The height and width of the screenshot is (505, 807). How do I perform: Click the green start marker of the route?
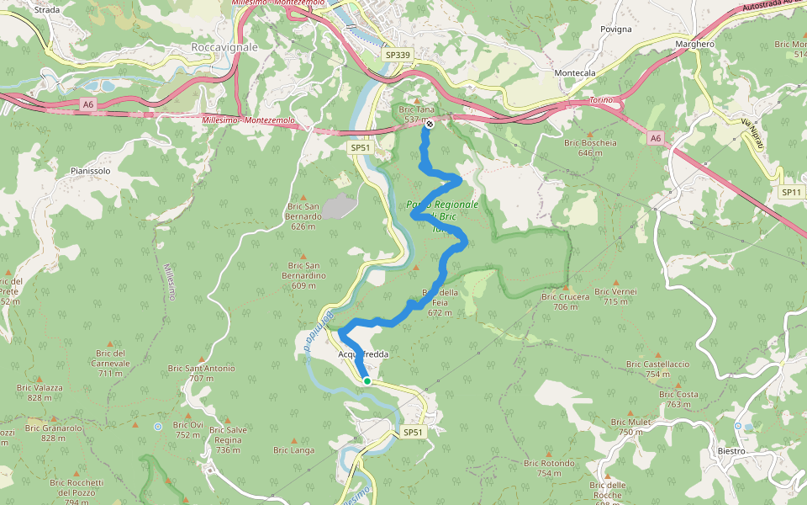point(367,381)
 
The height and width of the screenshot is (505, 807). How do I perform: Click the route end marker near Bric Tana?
point(430,124)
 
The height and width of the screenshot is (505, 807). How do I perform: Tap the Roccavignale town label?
point(224,48)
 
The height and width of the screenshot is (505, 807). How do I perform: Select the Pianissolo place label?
point(91,171)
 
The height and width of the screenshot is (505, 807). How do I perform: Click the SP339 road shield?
point(398,55)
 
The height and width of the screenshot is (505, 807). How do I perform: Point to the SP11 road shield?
point(791,192)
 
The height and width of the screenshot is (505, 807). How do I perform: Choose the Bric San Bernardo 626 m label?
point(303,215)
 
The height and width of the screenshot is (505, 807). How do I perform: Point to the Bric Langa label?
point(293,450)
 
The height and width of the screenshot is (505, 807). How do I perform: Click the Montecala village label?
point(574,73)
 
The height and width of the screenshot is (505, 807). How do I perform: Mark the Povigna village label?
point(615,29)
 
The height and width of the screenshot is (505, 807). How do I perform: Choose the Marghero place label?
point(694,44)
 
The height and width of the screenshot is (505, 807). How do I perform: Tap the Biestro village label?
point(731,451)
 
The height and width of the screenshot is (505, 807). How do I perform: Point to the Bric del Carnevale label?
point(109,358)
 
